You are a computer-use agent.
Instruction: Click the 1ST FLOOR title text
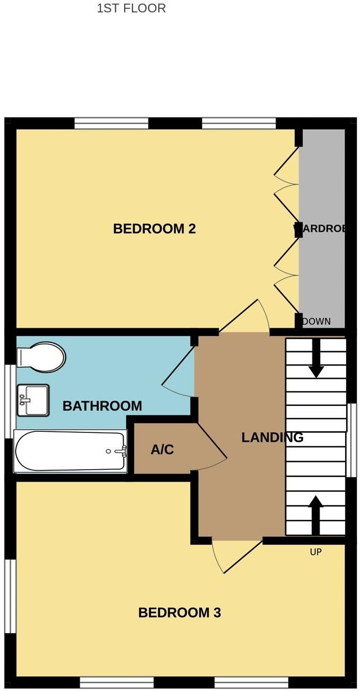coord(131,8)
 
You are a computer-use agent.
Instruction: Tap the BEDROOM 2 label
coord(154,229)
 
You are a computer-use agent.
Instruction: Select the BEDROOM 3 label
coord(179,613)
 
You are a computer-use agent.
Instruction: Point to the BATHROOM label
coord(102,406)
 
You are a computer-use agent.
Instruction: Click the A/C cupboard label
coord(162,450)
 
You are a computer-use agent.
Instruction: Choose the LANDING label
coord(272,438)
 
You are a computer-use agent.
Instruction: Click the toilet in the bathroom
coord(41,357)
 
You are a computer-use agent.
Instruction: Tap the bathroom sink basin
coord(33,400)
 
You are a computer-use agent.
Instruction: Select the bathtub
coord(70,451)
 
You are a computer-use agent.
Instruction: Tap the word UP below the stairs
coord(316,552)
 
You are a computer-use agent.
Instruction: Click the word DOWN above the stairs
coord(316,321)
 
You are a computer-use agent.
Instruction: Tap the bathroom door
coord(178,367)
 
